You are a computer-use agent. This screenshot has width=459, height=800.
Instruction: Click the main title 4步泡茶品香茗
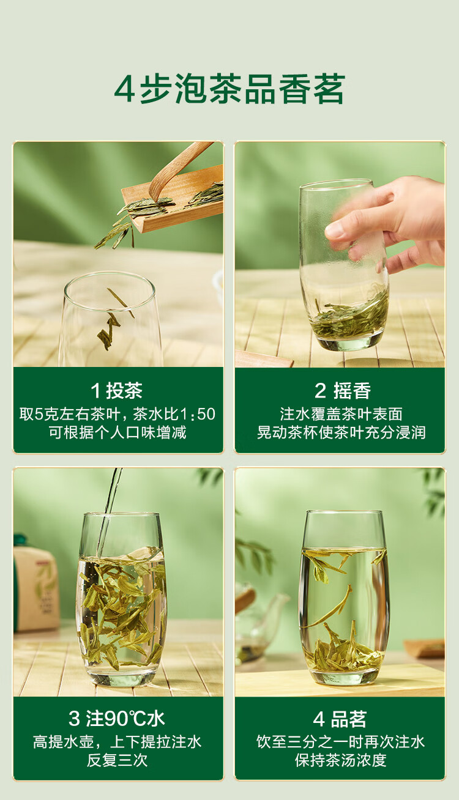229,89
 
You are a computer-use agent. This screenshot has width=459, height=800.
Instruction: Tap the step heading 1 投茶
117,390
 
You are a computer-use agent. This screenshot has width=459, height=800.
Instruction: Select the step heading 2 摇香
343,390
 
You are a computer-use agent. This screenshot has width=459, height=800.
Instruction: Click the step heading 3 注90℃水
117,719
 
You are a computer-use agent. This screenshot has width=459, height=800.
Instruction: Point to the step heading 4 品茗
340,719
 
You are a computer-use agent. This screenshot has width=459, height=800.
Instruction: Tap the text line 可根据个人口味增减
118,432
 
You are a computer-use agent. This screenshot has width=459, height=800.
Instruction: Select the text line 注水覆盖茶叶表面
341,414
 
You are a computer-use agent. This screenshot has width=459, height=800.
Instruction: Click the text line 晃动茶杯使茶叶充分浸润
341,432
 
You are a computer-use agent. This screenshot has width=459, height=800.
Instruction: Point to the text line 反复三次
118,760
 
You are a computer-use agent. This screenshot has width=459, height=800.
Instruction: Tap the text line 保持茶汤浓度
341,760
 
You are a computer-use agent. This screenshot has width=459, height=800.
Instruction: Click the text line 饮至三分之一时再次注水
341,742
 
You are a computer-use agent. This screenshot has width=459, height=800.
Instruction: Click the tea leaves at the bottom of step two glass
350,316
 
